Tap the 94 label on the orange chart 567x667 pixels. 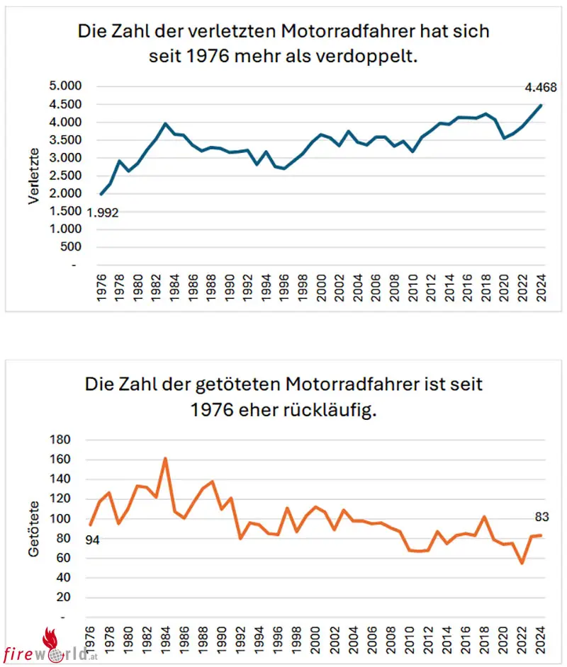point(93,540)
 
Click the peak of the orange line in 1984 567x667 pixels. point(165,458)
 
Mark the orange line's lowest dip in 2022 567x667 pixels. point(522,563)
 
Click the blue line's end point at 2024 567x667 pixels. point(541,105)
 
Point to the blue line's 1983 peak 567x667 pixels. point(166,123)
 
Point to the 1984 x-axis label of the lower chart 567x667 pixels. point(165,641)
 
